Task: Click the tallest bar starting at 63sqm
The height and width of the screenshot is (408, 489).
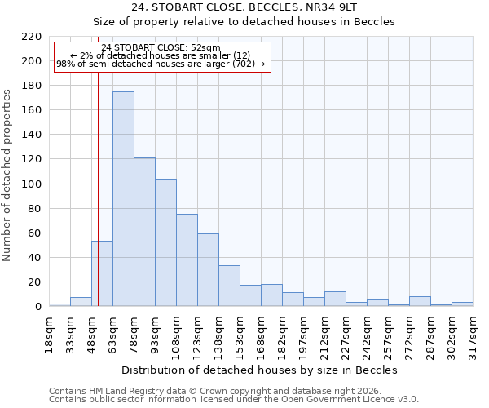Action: pos(123,199)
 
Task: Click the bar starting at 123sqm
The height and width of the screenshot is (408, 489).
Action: pos(208,270)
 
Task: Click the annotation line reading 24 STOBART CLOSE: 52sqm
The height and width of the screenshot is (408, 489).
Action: pos(161,48)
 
